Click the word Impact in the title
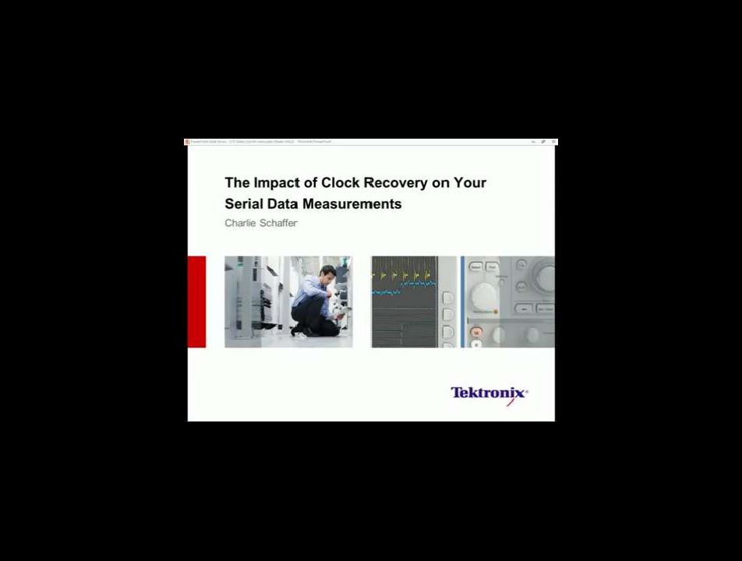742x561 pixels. point(277,183)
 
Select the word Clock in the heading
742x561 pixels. point(340,183)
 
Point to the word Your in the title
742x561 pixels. point(471,183)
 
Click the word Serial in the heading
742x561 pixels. point(243,204)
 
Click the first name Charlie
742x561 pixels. point(240,224)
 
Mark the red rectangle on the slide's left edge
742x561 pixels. point(196,302)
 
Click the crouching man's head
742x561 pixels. point(328,273)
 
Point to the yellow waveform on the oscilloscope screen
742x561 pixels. point(401,274)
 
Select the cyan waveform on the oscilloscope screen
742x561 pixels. point(386,293)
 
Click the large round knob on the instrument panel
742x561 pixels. point(484,296)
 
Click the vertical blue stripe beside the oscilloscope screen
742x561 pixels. point(461,302)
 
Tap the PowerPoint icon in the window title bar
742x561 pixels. point(187,142)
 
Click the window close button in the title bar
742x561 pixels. point(553,142)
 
